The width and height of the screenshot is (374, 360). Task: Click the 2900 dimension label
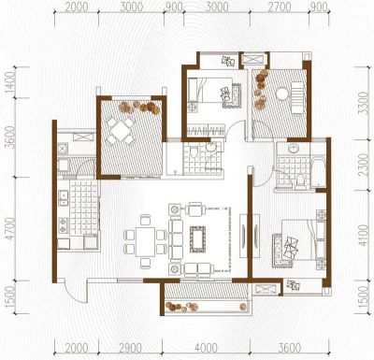pyautogui.click(x=131, y=348)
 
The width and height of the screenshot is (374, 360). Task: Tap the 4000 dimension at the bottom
pyautogui.click(x=206, y=348)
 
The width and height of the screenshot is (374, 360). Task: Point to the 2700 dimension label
pyautogui.click(x=280, y=7)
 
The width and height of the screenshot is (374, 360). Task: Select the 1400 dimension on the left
pyautogui.click(x=10, y=82)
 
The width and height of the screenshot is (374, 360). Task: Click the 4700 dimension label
pyautogui.click(x=10, y=228)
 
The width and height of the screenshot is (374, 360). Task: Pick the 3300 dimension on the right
pyautogui.click(x=364, y=103)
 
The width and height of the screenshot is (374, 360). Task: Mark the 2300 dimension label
pyautogui.click(x=364, y=165)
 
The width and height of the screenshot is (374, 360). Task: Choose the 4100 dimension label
pyautogui.click(x=364, y=235)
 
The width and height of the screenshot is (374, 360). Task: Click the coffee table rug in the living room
pyautogui.click(x=197, y=239)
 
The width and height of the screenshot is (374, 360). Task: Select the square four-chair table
pyautogui.click(x=121, y=131)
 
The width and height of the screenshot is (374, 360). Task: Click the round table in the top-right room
pyautogui.click(x=283, y=94)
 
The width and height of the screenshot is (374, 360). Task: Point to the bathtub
pyautogui.click(x=318, y=173)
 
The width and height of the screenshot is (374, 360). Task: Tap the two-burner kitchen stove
pyautogui.click(x=64, y=225)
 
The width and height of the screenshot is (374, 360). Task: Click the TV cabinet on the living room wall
pyautogui.click(x=250, y=236)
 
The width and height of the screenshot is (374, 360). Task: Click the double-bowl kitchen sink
pyautogui.click(x=64, y=197)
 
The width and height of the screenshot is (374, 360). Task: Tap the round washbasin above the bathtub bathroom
pyautogui.click(x=293, y=149)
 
